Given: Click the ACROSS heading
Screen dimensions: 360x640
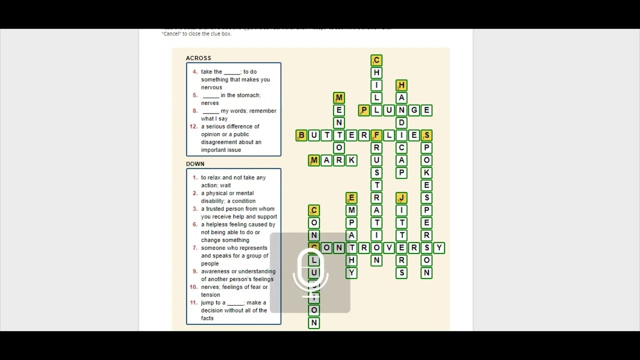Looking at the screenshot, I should [198, 58].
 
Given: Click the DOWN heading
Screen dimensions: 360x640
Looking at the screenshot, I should [195, 164].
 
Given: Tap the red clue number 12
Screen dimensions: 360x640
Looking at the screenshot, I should [194, 126].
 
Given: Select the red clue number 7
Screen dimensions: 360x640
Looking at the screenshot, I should [195, 248].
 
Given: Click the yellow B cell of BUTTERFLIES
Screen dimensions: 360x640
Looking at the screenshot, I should [301, 135].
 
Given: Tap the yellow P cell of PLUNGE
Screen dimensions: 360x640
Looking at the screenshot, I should [364, 110].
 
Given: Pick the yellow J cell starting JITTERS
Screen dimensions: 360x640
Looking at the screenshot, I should [401, 198].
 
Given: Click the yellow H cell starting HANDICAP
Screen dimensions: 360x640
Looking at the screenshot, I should [401, 85].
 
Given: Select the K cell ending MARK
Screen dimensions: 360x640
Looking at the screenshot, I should [351, 160].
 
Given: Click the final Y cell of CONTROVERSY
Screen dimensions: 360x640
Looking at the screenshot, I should [439, 248].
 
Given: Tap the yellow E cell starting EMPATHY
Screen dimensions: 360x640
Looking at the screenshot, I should [351, 198].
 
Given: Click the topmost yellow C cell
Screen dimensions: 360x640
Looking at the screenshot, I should [376, 60].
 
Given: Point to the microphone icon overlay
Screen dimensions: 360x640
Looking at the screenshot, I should [310, 272].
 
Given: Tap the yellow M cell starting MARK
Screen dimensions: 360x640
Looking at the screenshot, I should [314, 160].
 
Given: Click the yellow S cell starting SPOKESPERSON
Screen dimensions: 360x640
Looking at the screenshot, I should [426, 135].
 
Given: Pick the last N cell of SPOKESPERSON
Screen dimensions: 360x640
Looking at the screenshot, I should [426, 273].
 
